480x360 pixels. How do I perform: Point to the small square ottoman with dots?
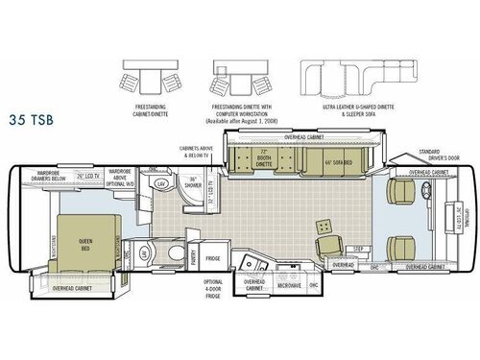pos(324,225)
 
